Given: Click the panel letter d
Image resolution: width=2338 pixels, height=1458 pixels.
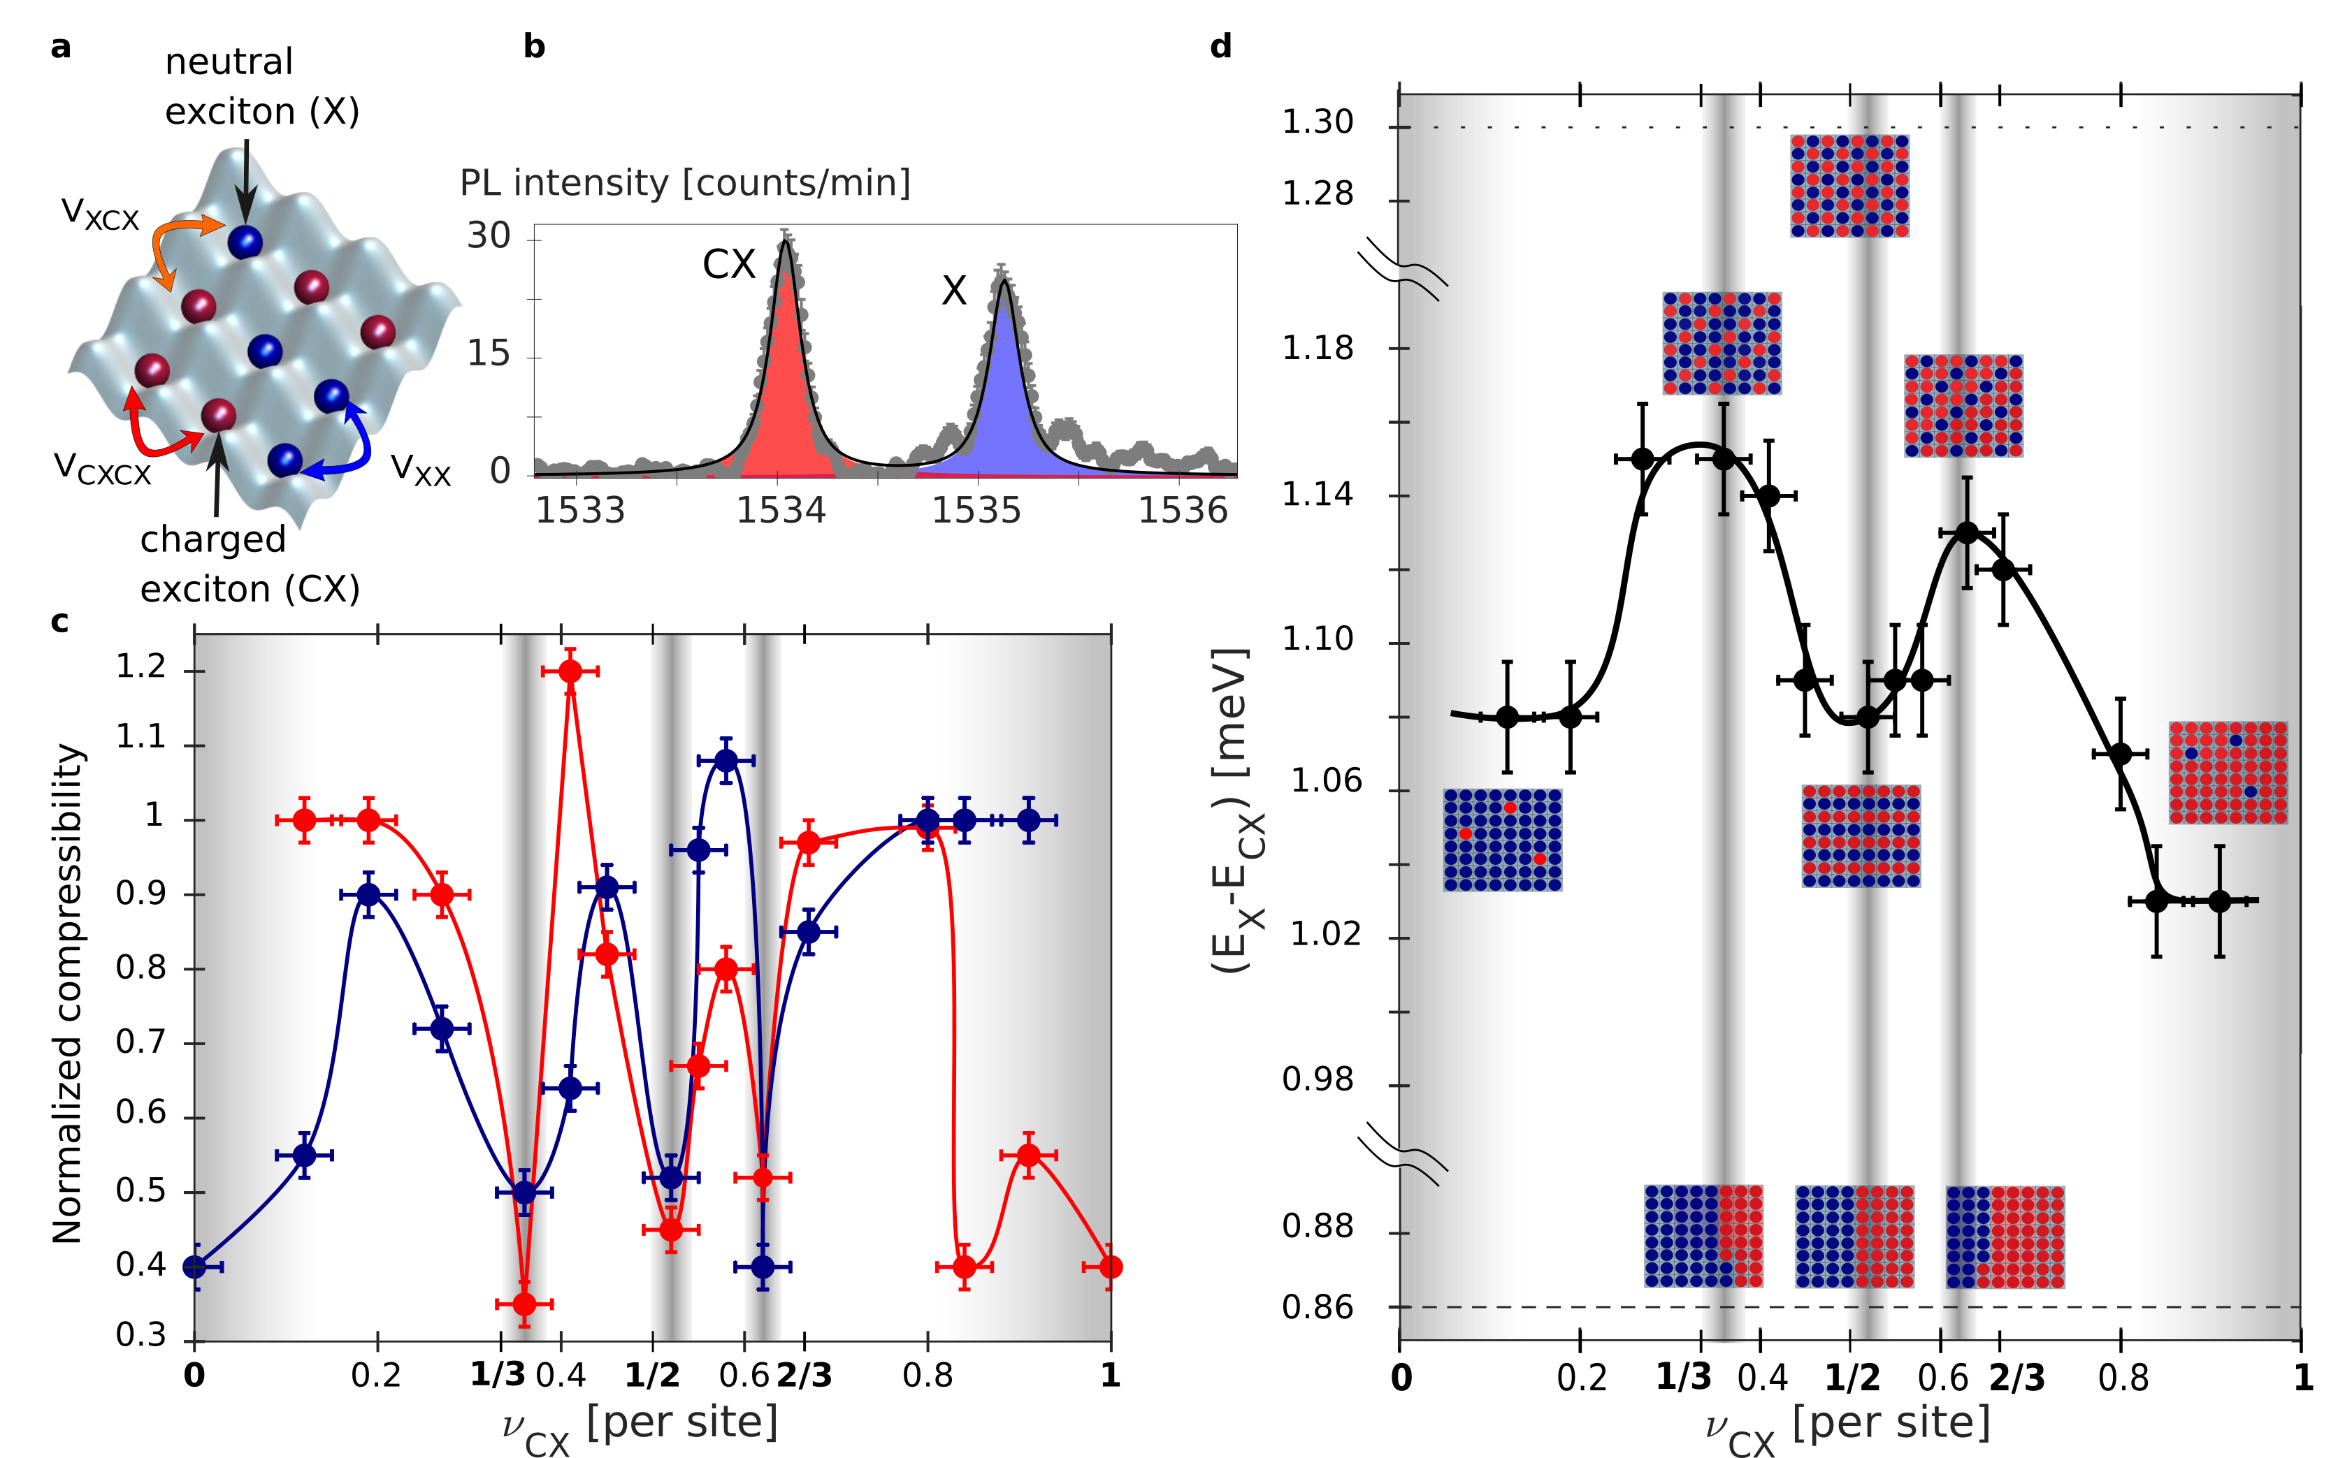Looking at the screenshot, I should [1220, 46].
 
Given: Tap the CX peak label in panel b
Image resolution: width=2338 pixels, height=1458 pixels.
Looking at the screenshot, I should [728, 264].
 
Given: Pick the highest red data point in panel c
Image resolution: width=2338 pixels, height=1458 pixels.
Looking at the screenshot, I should [570, 671].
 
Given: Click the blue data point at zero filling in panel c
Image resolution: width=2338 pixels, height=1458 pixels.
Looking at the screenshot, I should [195, 1266].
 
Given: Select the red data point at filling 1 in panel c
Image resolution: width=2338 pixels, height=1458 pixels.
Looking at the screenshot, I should [1110, 1266].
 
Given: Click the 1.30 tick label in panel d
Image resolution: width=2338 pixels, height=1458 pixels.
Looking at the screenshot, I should [1317, 122].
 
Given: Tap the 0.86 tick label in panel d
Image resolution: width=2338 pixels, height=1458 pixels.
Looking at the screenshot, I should [1317, 1308].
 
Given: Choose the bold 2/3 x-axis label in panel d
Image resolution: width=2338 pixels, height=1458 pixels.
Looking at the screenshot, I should [2016, 1377].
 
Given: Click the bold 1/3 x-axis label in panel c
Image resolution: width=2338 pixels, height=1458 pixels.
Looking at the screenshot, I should [498, 1374].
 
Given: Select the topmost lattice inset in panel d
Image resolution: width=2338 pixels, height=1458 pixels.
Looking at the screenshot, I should [1849, 185].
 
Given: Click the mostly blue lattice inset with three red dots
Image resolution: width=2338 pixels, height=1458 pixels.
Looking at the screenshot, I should [1502, 839].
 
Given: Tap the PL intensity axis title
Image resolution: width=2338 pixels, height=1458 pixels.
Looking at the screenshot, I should [685, 182].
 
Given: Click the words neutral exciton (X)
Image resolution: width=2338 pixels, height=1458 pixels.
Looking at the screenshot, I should [261, 87].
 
